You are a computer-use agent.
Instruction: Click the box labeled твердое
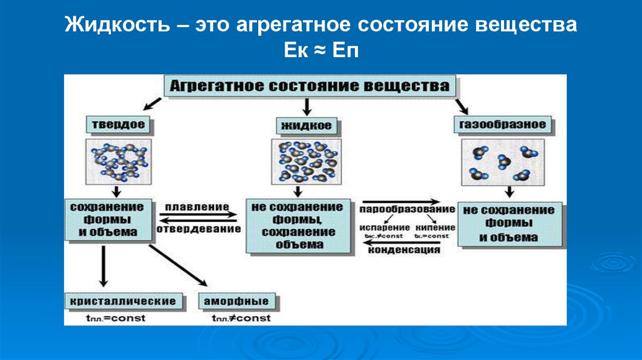point(118,124)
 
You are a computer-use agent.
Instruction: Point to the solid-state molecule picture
point(118,161)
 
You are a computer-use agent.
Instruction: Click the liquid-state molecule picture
point(307,161)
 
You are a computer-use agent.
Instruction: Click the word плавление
point(197,206)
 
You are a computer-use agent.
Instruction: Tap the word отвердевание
point(198,229)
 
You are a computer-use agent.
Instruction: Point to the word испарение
point(385,227)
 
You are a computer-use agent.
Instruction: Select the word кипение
point(431,227)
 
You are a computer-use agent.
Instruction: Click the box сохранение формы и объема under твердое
point(107,221)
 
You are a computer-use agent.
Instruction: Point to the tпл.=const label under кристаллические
point(116,318)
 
